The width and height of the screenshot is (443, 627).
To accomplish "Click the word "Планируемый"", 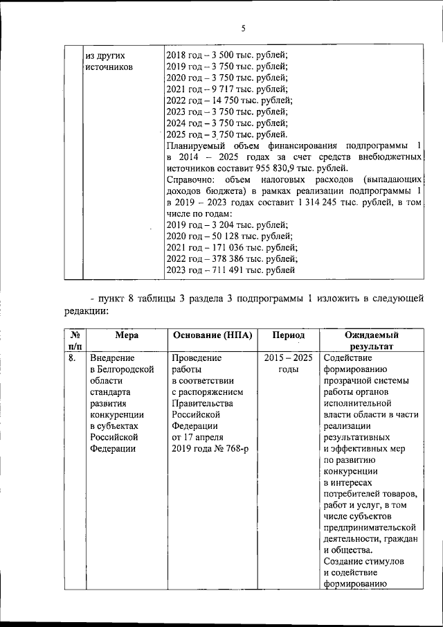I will click(x=195, y=146).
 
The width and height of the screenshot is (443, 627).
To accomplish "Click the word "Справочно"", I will click(x=190, y=179).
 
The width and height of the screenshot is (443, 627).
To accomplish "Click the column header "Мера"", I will click(x=127, y=335).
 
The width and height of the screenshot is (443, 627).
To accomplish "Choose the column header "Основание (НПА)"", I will click(x=213, y=335).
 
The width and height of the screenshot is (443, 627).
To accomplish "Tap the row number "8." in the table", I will click(x=73, y=358).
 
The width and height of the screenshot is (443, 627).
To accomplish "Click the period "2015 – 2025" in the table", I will click(x=289, y=358).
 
